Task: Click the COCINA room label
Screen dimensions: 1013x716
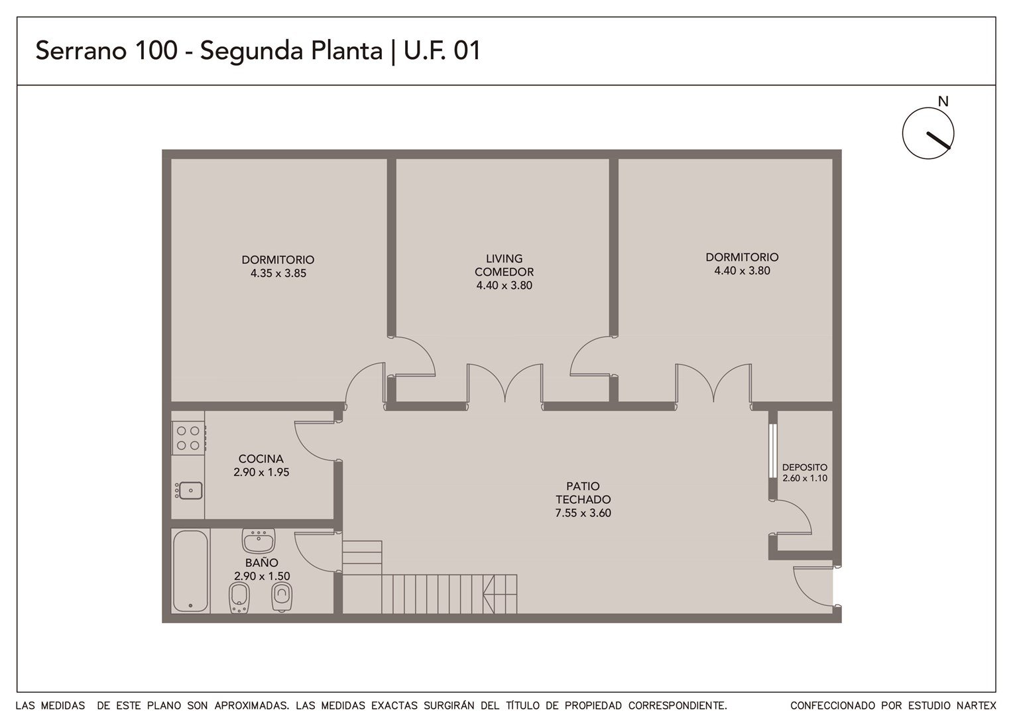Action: pos(261,459)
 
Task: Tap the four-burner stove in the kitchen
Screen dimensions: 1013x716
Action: pos(188,438)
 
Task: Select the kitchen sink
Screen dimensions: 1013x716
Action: pos(189,491)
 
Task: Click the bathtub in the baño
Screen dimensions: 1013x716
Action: pos(190,571)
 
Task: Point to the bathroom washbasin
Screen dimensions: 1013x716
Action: pos(259,540)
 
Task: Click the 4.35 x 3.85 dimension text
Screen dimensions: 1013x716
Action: pos(278,273)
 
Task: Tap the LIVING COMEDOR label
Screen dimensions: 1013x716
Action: pos(505,265)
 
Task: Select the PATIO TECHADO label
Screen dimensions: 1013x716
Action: pos(583,493)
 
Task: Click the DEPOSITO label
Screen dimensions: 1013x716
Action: pos(805,467)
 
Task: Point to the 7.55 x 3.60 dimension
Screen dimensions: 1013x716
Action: pos(583,513)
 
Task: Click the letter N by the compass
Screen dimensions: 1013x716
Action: pos(943,102)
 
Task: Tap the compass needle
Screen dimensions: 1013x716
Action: pos(938,140)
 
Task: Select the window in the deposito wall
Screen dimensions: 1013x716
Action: pos(773,451)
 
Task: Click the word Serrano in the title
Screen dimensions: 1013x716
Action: pos(81,50)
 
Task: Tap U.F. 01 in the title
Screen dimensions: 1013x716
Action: pos(442,50)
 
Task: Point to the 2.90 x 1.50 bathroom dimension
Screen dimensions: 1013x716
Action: pos(262,576)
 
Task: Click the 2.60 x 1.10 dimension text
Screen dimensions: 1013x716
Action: pos(805,478)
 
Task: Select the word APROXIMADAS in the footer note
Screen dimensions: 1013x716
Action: pos(252,705)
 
